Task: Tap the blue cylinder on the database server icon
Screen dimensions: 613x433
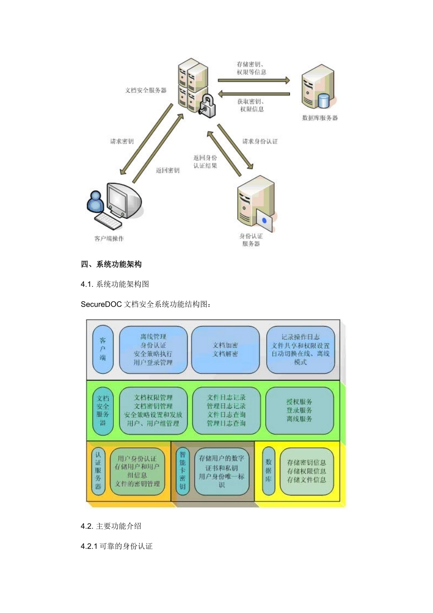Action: [324, 100]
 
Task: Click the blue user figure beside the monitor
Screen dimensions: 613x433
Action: [96, 202]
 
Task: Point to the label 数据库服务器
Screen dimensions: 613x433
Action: [320, 118]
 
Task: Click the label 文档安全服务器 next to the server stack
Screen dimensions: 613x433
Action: [146, 90]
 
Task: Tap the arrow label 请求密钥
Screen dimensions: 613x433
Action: [122, 141]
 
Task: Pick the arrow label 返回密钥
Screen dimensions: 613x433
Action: [168, 170]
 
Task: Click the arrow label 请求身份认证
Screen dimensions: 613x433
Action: [260, 141]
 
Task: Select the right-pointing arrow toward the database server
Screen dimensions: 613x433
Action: [253, 80]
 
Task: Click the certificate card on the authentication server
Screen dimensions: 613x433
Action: [264, 221]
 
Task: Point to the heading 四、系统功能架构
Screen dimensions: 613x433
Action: [111, 264]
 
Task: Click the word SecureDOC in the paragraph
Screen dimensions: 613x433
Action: [101, 304]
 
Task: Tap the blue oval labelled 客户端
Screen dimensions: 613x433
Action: [103, 349]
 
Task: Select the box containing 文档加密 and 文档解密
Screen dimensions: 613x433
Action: [225, 350]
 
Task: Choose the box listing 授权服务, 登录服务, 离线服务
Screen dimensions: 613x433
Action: [299, 410]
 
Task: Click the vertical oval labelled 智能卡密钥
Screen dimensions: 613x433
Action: [182, 471]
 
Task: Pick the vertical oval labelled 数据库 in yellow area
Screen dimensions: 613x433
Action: [268, 471]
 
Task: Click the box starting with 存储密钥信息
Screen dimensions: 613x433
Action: [307, 471]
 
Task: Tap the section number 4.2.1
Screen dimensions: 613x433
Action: [89, 546]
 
